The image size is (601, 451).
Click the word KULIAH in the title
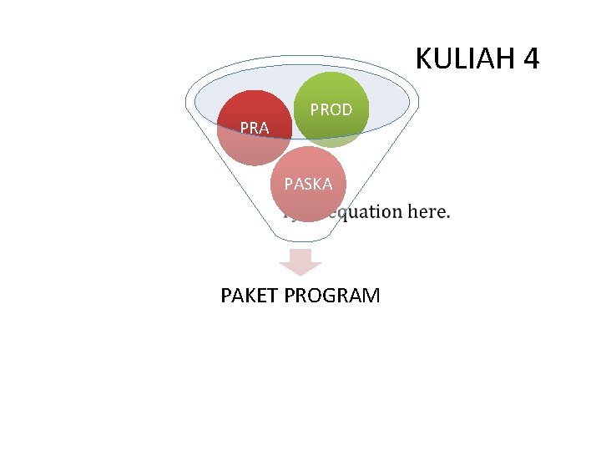pos(463,59)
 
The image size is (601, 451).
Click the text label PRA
pos(254,129)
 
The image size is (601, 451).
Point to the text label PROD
pos(331,109)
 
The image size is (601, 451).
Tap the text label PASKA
pos(307,184)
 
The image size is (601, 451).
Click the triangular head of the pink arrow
pos(300,268)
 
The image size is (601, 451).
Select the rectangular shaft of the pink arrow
pos(300,255)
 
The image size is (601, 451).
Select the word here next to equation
pos(429,211)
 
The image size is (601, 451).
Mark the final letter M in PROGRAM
pos(371,296)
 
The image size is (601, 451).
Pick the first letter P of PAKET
pos(226,296)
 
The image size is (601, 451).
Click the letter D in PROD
pos(346,109)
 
